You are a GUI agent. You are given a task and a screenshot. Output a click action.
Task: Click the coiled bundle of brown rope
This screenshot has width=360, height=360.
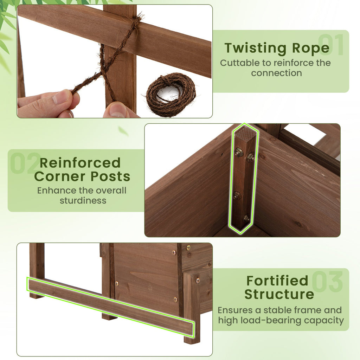(x=171, y=94)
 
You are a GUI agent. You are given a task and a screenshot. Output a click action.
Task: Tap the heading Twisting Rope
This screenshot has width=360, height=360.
(x=277, y=48)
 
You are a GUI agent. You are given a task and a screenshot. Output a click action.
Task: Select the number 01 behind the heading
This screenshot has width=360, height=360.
(x=331, y=45)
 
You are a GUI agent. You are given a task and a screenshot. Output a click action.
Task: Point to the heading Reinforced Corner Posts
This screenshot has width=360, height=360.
(x=82, y=169)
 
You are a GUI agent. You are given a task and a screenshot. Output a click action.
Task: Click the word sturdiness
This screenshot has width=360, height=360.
(x=83, y=201)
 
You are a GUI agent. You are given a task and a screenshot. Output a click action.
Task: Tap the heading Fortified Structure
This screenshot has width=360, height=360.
(x=277, y=287)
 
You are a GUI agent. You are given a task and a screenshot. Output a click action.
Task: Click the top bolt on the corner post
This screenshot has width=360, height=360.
(x=239, y=152)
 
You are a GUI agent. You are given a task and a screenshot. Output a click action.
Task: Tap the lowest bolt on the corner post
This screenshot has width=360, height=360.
(x=246, y=218)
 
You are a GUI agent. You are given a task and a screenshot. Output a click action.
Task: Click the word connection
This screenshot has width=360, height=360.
(x=276, y=73)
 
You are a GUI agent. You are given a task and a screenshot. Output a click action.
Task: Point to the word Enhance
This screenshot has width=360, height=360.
(x=56, y=191)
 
